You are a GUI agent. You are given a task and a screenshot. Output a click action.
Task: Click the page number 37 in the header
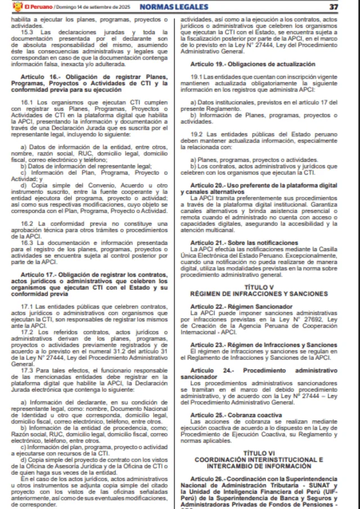334,7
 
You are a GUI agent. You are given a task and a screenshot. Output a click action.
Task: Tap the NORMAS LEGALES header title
173,7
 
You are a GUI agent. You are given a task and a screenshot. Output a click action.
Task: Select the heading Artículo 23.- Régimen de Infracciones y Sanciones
264,344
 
